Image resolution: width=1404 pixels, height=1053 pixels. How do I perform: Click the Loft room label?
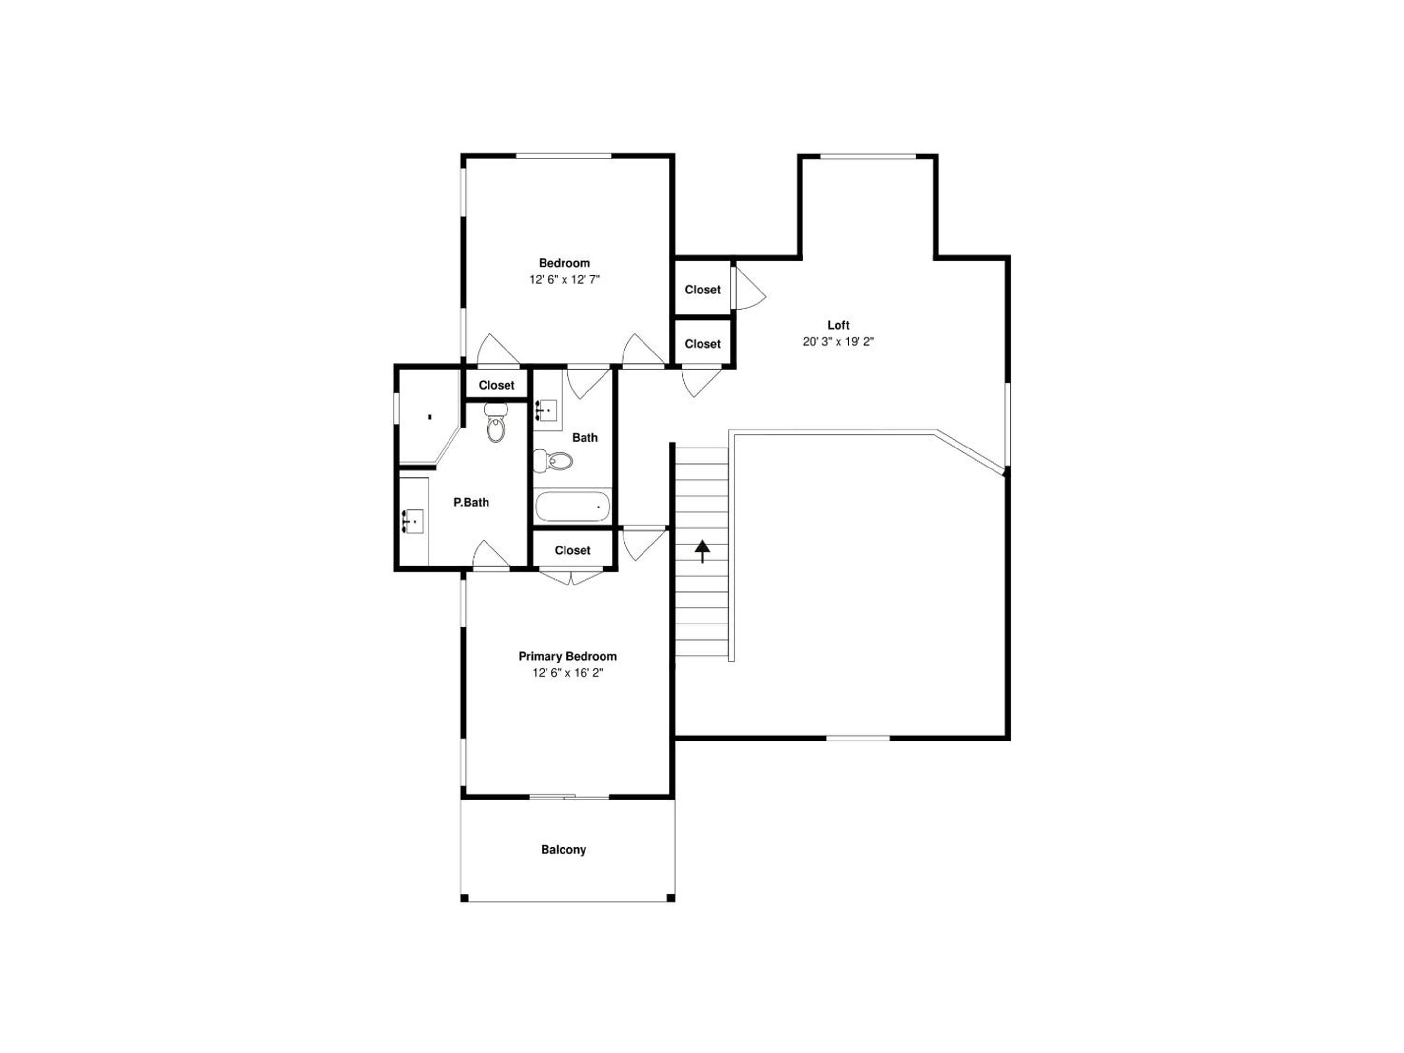click(x=838, y=325)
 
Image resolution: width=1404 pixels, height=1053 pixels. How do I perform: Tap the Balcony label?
click(x=563, y=849)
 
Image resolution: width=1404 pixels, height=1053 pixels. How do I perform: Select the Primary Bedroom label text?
click(x=567, y=656)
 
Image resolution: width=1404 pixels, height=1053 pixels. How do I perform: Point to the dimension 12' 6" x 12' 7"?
click(x=564, y=279)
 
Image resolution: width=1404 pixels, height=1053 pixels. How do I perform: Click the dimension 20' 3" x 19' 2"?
click(x=838, y=341)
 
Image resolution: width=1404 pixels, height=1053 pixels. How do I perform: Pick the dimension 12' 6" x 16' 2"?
click(x=567, y=673)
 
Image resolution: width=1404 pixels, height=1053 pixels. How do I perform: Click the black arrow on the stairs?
click(x=702, y=551)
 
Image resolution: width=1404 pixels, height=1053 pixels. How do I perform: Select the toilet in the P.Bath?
click(x=496, y=422)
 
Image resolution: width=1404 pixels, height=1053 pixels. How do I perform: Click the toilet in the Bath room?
click(x=553, y=461)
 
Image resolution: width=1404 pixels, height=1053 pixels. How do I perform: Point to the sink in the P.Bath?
click(x=413, y=521)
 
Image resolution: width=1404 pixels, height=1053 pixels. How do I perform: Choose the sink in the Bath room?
click(x=546, y=410)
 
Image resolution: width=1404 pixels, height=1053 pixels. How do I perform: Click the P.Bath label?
click(x=471, y=502)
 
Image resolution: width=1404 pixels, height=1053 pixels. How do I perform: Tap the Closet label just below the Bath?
click(x=572, y=550)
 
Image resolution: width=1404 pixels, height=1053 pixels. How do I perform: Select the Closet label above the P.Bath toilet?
click(x=496, y=385)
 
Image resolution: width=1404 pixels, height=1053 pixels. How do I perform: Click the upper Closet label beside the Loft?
click(x=702, y=290)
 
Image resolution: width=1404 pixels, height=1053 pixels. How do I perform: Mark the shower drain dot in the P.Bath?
click(x=429, y=417)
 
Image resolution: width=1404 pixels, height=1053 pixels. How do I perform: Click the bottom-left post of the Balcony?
click(x=465, y=897)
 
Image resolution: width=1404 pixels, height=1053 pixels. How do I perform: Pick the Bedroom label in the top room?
click(x=564, y=263)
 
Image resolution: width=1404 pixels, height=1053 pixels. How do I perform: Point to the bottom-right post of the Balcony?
click(x=670, y=897)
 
